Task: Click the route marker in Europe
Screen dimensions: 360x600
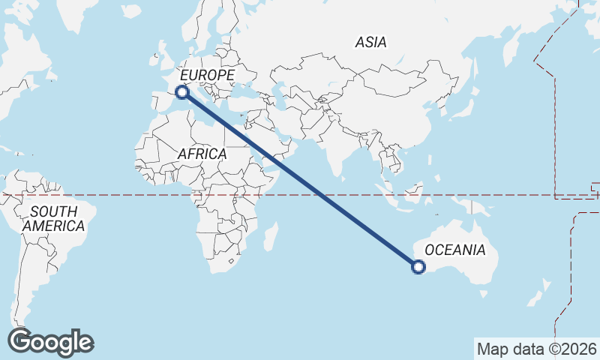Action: pos(181,92)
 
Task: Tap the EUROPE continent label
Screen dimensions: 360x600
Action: pos(208,75)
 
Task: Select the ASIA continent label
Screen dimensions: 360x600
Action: pos(371,43)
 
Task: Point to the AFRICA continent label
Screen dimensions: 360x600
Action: pos(202,154)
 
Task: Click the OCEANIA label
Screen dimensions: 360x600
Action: pos(455,250)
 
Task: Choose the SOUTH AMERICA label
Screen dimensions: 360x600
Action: pos(53,218)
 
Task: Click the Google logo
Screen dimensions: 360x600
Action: pos(50,342)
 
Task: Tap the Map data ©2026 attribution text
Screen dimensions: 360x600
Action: pos(537,349)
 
